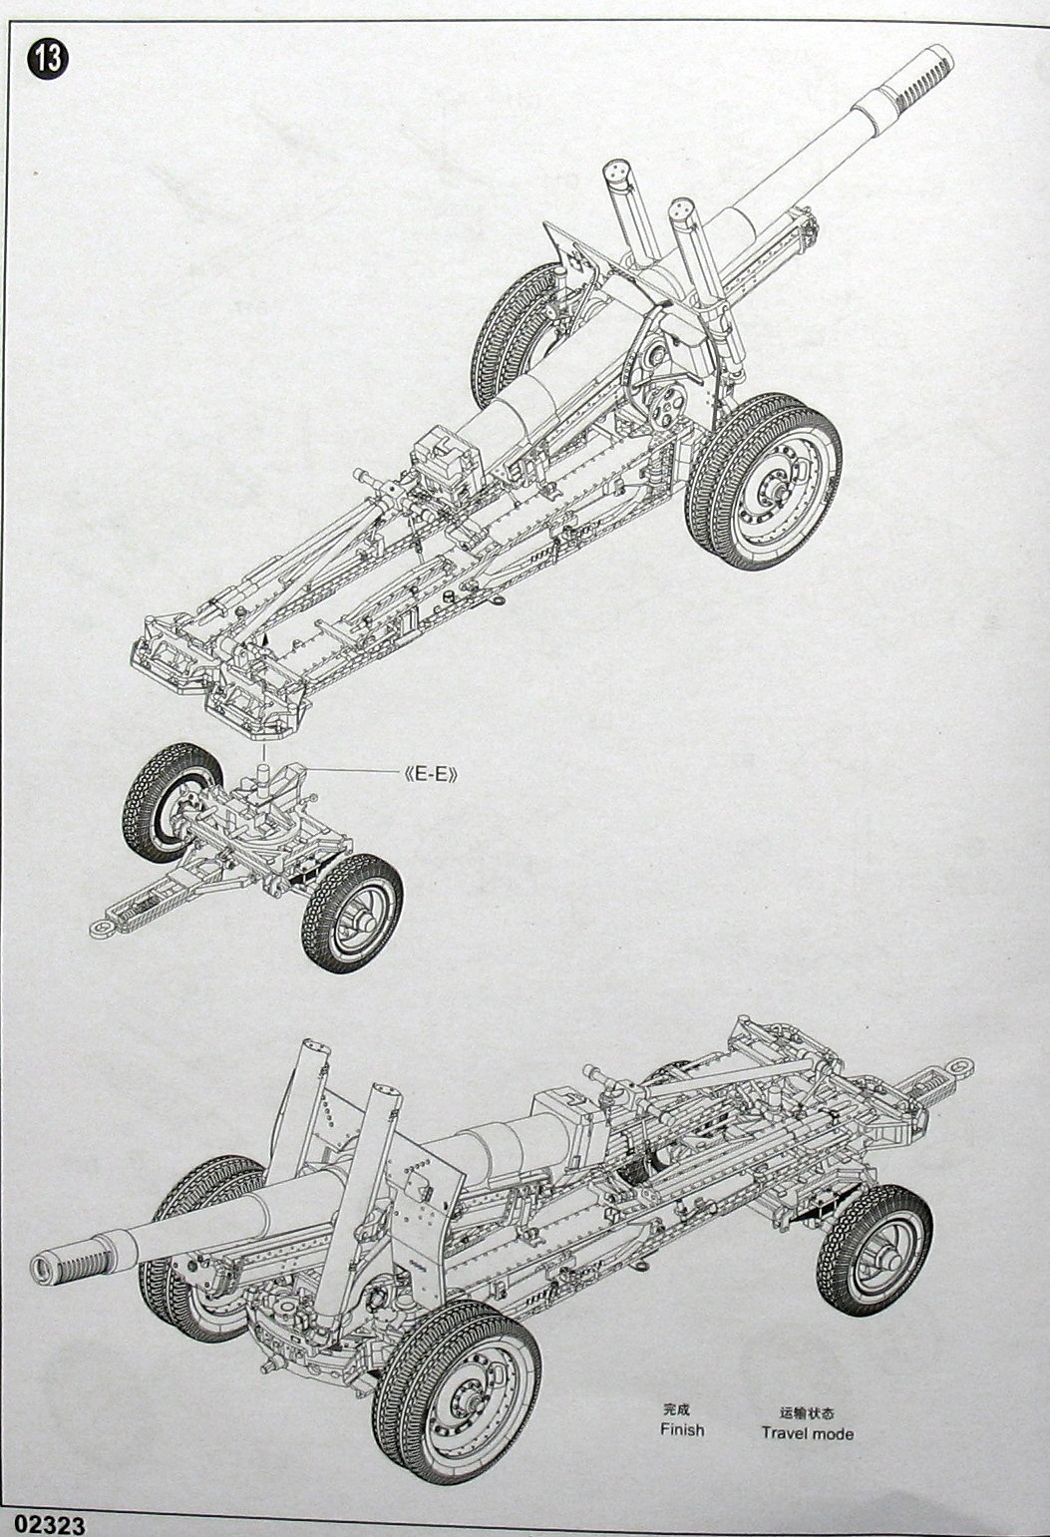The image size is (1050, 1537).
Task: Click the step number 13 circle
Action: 47,57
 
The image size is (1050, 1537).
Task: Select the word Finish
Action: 681,1429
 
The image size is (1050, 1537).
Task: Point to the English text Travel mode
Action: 807,1433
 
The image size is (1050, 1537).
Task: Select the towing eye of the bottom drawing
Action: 959,1066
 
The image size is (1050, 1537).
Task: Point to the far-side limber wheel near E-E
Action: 170,803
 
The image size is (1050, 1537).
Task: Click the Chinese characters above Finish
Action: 679,1410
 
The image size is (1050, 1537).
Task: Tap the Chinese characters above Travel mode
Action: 807,1412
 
